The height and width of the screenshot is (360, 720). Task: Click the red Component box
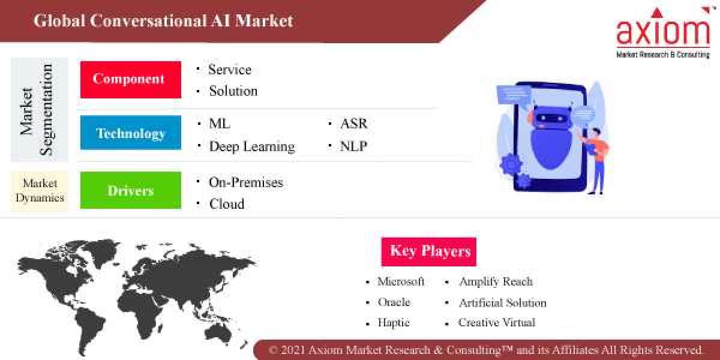[x=130, y=79]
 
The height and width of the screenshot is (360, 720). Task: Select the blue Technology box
[x=130, y=133]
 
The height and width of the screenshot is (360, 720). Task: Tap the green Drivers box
[x=130, y=191]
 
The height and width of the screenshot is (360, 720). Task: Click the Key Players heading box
[x=428, y=251]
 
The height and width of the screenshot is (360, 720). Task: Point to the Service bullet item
[x=229, y=70]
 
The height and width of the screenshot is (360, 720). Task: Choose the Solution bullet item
[x=233, y=91]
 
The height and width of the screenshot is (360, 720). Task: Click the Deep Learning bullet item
[x=251, y=146]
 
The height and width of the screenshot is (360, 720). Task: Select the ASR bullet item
[x=353, y=124]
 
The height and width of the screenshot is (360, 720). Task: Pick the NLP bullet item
[x=353, y=146]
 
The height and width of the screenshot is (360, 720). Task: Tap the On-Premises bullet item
[x=245, y=182]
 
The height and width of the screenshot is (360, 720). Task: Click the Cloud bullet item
[x=227, y=204]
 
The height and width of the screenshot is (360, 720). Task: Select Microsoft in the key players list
[x=401, y=281]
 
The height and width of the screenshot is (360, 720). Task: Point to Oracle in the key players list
[x=394, y=302]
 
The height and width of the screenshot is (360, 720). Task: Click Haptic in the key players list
[x=393, y=322]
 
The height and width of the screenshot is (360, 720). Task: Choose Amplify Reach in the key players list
[x=496, y=281]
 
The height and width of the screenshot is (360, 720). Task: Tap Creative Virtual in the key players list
[x=497, y=322]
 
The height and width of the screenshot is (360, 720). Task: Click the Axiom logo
[x=662, y=33]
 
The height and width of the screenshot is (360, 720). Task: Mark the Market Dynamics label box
[x=40, y=191]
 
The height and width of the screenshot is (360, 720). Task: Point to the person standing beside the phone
[x=595, y=159]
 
